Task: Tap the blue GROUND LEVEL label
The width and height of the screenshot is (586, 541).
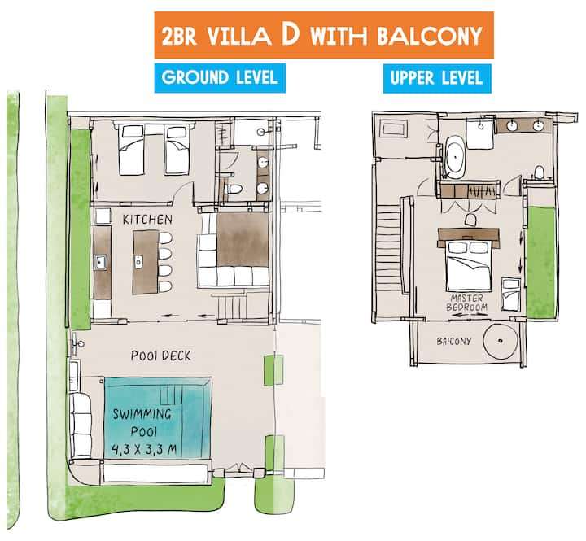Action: [220, 77]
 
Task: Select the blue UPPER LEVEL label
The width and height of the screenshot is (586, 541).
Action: [435, 77]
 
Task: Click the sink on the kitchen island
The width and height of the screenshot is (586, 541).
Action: [139, 262]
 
